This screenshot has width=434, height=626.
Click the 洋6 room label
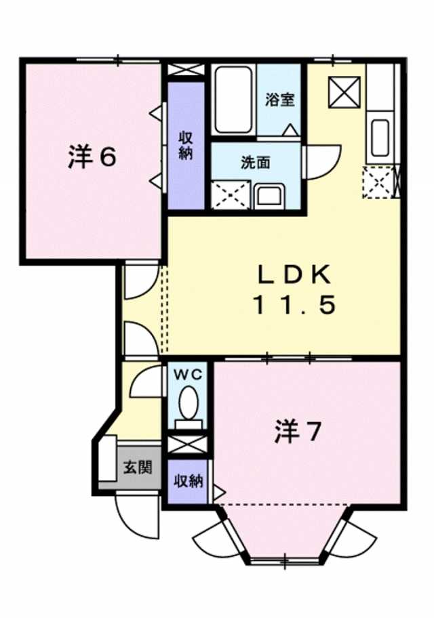92,157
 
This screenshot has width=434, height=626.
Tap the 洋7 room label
298,432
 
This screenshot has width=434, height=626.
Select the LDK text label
294,274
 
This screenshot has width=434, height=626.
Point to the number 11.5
294,306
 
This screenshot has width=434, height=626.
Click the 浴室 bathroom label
280,100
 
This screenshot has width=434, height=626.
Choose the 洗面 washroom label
256,162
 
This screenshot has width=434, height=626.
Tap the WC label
187,375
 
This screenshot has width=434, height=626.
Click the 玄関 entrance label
137,467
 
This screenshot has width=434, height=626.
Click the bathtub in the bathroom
234,100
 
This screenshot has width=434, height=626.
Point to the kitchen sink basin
379,138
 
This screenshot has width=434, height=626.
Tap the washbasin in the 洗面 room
270,196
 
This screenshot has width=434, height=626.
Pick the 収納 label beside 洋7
188,482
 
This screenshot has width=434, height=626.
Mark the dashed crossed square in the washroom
231,194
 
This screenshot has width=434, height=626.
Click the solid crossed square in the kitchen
344,93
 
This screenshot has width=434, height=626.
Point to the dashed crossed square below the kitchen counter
378,182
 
